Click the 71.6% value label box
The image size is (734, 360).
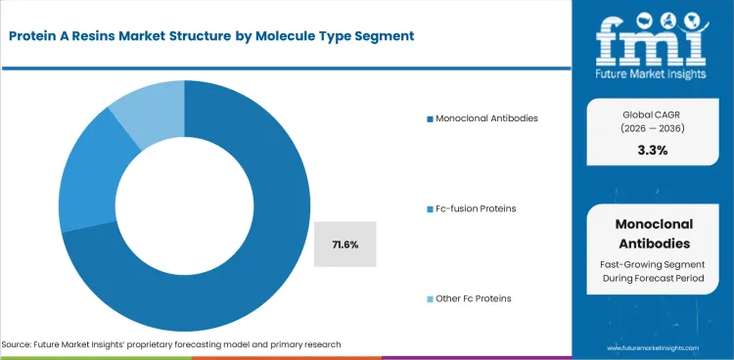[345, 244]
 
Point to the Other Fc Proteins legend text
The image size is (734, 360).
[474, 297]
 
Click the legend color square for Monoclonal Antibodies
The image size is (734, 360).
[429, 118]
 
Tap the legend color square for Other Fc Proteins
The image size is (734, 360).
[429, 297]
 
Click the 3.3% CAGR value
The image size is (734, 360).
[654, 151]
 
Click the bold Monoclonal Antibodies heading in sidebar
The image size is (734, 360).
[654, 235]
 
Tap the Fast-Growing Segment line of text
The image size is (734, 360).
[654, 265]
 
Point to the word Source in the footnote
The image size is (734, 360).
[18, 344]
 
